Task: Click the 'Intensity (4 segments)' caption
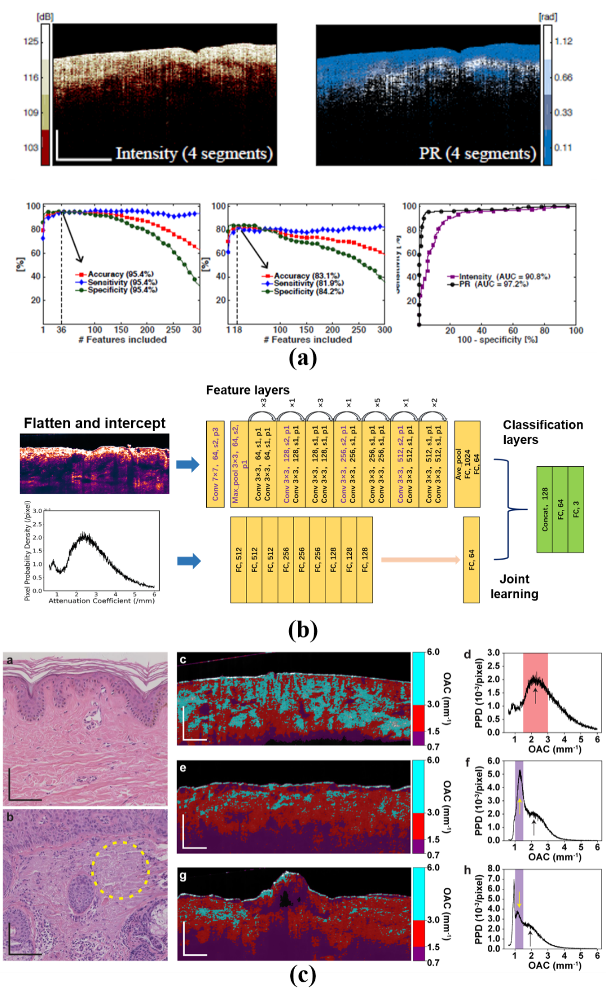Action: click(194, 153)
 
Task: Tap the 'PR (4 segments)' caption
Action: click(477, 153)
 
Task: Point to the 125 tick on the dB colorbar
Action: click(31, 41)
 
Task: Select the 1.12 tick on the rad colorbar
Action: click(563, 41)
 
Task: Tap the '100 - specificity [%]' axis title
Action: click(497, 339)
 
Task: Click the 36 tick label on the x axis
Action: click(62, 330)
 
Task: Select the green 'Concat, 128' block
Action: click(544, 509)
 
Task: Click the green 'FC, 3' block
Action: click(576, 509)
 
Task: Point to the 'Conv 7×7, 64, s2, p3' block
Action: click(215, 464)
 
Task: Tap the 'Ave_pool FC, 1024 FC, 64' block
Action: click(467, 464)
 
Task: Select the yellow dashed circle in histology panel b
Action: click(120, 870)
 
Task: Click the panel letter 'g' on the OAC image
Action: click(183, 876)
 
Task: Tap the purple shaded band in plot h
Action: click(519, 909)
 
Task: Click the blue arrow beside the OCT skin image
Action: click(188, 465)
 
